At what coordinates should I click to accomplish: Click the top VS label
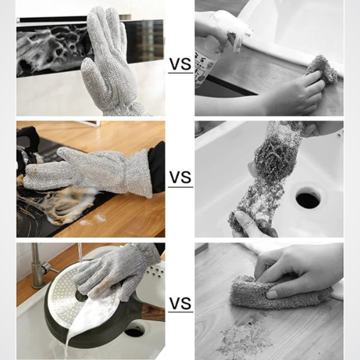coord(180,64)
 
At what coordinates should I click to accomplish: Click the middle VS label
coord(180,177)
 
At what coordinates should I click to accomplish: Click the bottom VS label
coord(180,303)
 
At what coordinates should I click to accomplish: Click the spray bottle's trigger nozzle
coord(236,34)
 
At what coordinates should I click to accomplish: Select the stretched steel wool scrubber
coord(266,175)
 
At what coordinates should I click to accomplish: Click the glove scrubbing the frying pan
coord(117,271)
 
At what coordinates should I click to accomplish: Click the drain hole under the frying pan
coord(135,332)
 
